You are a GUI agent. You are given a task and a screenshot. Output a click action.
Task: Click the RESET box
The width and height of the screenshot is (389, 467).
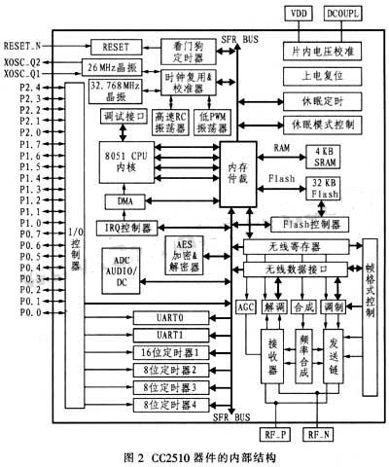116,46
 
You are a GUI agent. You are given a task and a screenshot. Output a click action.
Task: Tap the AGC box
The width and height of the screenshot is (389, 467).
245,306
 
